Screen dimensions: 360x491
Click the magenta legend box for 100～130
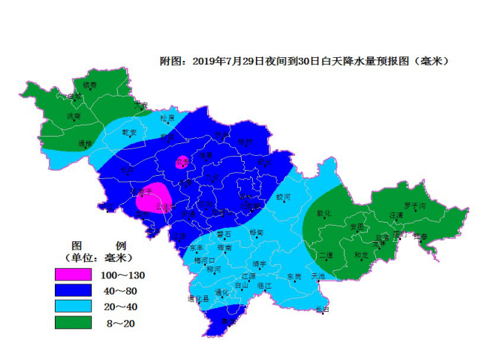click(73, 275)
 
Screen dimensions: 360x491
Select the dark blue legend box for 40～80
click(73, 290)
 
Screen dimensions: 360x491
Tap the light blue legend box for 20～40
click(73, 306)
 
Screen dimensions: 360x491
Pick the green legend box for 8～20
click(73, 322)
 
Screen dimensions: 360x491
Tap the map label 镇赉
click(90, 85)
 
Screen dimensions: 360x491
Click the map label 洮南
click(73, 117)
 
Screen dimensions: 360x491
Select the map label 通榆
click(85, 143)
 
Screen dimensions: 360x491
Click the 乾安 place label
click(130, 132)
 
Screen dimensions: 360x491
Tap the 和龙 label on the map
click(361, 256)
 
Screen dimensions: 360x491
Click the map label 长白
click(322, 308)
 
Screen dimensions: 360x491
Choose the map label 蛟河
click(283, 197)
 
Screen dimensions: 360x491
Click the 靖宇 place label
click(259, 263)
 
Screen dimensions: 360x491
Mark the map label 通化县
click(197, 298)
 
